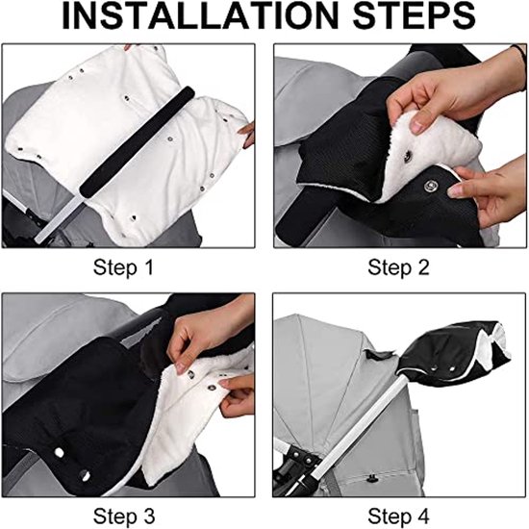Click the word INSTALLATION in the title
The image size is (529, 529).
[200, 15]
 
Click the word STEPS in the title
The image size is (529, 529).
[415, 15]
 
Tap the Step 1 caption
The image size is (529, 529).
[123, 267]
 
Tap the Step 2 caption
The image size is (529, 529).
[398, 267]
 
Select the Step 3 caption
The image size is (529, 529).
[124, 516]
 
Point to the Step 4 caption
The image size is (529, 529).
[398, 516]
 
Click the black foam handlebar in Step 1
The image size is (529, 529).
[137, 141]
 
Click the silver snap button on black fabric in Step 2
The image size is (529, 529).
[430, 185]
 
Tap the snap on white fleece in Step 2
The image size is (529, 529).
[408, 156]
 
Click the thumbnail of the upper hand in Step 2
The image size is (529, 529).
[418, 126]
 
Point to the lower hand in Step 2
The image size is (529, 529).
[487, 193]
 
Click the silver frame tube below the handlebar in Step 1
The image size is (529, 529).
[58, 218]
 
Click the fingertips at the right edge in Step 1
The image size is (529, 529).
[247, 135]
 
